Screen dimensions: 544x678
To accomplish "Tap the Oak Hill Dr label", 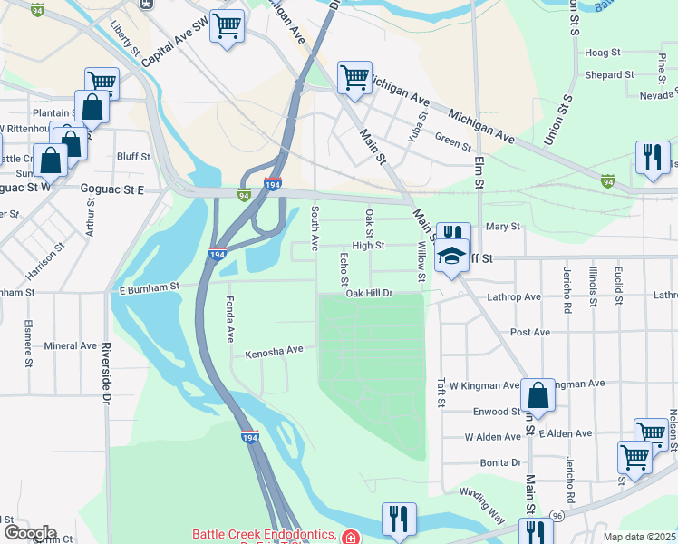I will (x=369, y=294).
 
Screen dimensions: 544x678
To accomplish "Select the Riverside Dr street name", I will (x=106, y=373).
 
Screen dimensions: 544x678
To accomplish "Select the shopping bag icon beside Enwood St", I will (x=538, y=395).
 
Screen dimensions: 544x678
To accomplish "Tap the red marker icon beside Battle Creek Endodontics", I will (x=349, y=537).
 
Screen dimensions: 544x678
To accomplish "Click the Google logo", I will (x=29, y=533).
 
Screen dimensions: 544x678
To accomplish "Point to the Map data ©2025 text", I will (x=638, y=537).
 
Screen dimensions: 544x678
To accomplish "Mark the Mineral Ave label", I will (x=70, y=345).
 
